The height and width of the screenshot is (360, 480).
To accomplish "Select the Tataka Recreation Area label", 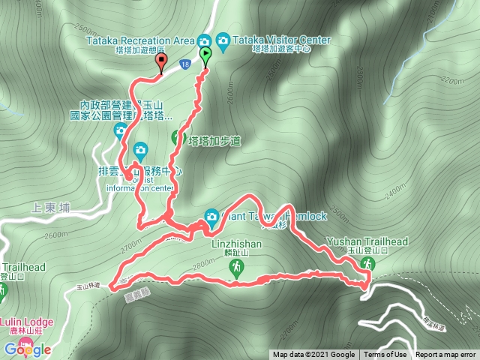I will [140, 39].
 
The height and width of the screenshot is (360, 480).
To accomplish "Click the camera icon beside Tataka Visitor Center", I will [223, 39].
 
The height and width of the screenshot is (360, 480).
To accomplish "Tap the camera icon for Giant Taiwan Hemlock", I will [211, 217].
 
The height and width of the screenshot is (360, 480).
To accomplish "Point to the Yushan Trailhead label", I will [367, 242].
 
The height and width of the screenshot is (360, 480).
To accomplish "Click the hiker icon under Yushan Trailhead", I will [367, 262].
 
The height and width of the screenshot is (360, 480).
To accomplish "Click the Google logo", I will [27, 349].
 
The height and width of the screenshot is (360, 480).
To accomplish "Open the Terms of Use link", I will [385, 355].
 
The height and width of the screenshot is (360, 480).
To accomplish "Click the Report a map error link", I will [447, 355].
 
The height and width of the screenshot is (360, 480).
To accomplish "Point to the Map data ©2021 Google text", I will [313, 355].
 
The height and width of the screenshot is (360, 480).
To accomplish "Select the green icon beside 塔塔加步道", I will [178, 137].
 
